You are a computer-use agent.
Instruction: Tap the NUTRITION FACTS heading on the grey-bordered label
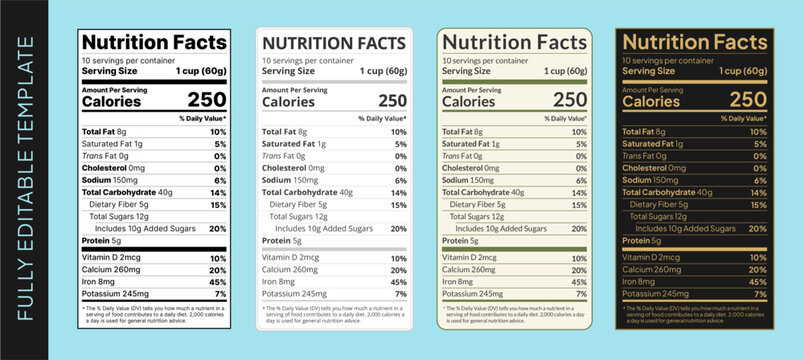point(334,42)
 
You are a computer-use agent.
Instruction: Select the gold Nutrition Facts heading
point(695,42)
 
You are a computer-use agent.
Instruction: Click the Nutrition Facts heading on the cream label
point(514,42)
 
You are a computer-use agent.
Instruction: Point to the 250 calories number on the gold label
point(748,99)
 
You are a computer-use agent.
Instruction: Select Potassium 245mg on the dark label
point(656,294)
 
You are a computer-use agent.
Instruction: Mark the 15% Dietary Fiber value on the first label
point(218,204)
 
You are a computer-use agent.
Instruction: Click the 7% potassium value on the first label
point(220,295)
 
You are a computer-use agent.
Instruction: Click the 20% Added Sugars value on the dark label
point(759,229)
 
